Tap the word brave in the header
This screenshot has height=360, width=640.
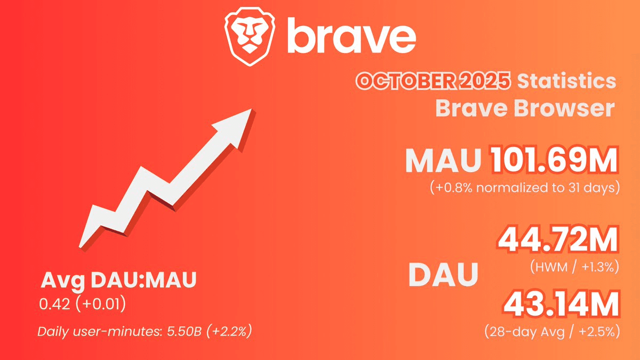352,36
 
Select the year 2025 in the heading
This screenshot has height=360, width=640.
486,82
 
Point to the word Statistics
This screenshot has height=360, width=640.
566,82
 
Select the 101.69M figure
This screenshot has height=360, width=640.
555,159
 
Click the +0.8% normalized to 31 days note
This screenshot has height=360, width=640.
524,188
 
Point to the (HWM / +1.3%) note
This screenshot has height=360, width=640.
574,266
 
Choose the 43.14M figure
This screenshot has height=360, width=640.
561,305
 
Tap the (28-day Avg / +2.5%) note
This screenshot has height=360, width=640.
551,332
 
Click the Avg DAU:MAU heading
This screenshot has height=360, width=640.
118,281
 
